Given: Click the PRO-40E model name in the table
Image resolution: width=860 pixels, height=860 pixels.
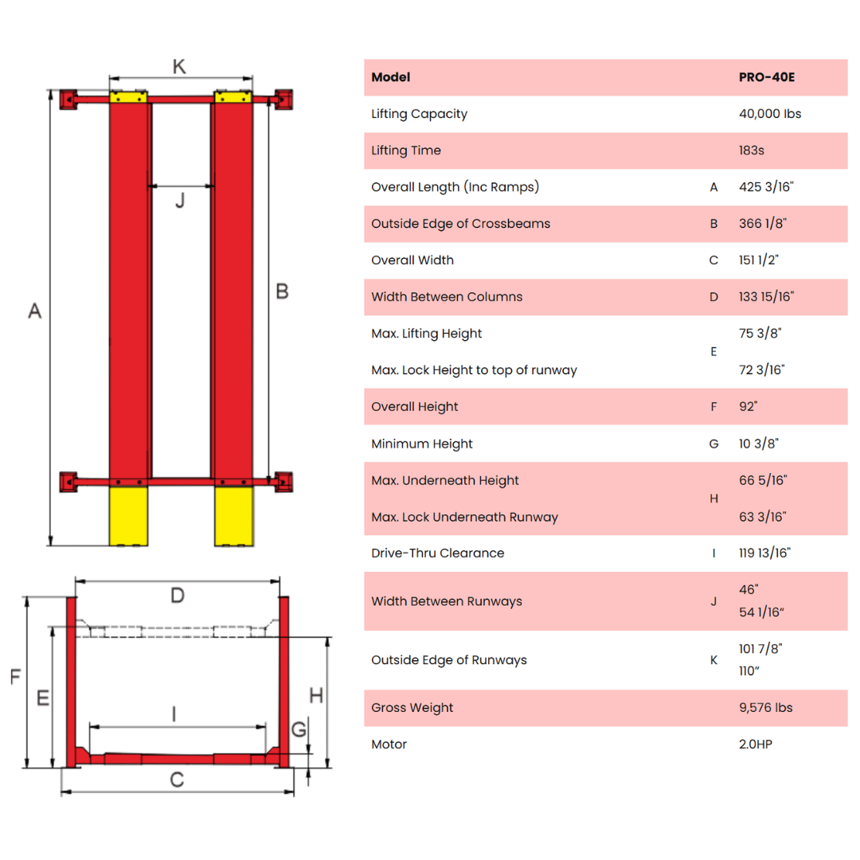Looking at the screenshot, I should pyautogui.click(x=767, y=77).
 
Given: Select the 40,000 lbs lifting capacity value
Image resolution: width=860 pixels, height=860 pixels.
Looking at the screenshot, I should pyautogui.click(x=770, y=114).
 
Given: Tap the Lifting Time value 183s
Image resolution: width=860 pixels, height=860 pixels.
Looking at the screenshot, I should pyautogui.click(x=756, y=150).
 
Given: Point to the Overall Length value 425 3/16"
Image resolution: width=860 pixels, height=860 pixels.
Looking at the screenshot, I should pyautogui.click(x=766, y=187).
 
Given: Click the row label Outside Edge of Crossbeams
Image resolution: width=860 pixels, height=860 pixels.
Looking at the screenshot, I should pyautogui.click(x=460, y=224).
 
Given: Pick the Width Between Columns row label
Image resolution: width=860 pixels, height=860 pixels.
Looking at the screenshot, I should pyautogui.click(x=447, y=297).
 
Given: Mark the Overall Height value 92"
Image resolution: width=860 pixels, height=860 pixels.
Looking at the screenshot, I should pyautogui.click(x=749, y=407).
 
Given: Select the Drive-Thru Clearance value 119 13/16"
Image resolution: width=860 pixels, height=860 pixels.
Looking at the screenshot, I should pyautogui.click(x=764, y=553).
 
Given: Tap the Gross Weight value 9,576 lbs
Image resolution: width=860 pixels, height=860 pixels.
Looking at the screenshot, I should pyautogui.click(x=766, y=708).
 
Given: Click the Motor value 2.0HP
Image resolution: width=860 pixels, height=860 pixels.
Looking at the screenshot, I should pyautogui.click(x=756, y=745).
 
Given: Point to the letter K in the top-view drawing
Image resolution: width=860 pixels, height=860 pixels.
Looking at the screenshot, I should pyautogui.click(x=179, y=67).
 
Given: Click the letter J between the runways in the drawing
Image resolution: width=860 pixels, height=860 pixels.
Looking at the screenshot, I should pyautogui.click(x=180, y=201).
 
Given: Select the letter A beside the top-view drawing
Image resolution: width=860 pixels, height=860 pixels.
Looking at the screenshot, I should pyautogui.click(x=34, y=311).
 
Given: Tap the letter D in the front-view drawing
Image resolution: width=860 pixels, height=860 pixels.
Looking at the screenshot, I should pyautogui.click(x=178, y=596).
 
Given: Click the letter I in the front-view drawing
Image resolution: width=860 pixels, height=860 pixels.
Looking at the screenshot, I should pyautogui.click(x=174, y=714).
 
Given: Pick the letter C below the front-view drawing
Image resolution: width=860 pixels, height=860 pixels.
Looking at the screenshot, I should pyautogui.click(x=177, y=780).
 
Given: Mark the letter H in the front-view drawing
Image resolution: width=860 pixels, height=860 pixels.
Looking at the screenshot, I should pyautogui.click(x=316, y=695).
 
